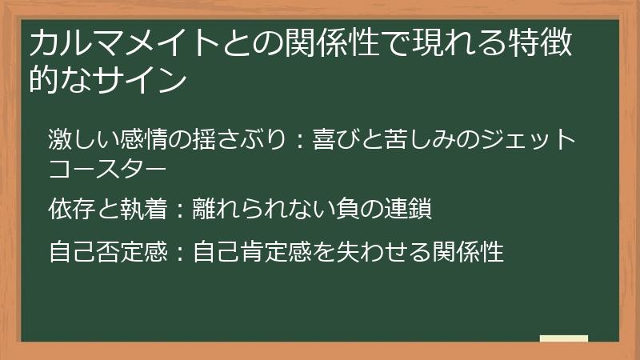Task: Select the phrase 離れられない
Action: point(262,210)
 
